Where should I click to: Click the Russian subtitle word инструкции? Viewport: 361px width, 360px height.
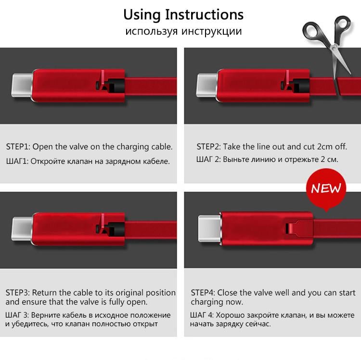point(212,32)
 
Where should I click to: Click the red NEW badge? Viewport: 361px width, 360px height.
point(326,188)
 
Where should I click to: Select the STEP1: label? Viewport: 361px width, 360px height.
point(19,147)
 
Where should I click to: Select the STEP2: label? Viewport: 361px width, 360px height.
point(209,147)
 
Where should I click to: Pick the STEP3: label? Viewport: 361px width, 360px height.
point(18,293)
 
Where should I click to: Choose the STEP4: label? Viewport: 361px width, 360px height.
point(203,293)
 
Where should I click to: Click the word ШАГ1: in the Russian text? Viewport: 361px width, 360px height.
point(17,161)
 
